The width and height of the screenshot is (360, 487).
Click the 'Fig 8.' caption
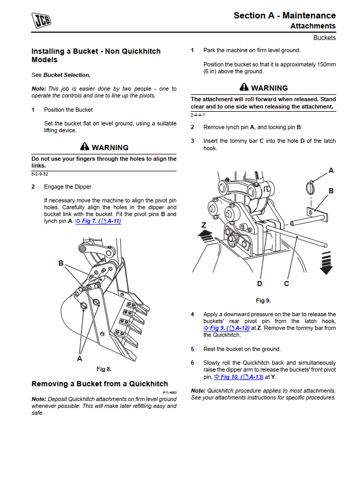click(x=104, y=369)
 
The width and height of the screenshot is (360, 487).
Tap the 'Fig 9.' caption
click(x=263, y=300)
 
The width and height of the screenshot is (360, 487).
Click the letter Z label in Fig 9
click(x=204, y=224)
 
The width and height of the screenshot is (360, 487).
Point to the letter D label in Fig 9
click(x=259, y=284)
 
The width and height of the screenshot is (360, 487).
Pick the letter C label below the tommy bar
click(x=286, y=284)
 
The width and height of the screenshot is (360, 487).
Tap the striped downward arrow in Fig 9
click(x=326, y=262)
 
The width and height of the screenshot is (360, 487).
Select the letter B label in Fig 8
click(x=61, y=263)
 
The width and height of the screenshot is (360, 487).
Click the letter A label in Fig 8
click(x=80, y=358)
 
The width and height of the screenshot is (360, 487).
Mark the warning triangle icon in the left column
click(x=85, y=147)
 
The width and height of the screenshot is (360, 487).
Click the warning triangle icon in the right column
click(x=244, y=87)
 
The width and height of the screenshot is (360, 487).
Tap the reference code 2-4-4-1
click(x=198, y=114)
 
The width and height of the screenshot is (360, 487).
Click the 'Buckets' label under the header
click(x=324, y=38)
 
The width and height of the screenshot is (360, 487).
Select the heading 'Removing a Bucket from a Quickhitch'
click(x=100, y=384)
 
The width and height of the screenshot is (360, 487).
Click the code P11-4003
click(x=169, y=393)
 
